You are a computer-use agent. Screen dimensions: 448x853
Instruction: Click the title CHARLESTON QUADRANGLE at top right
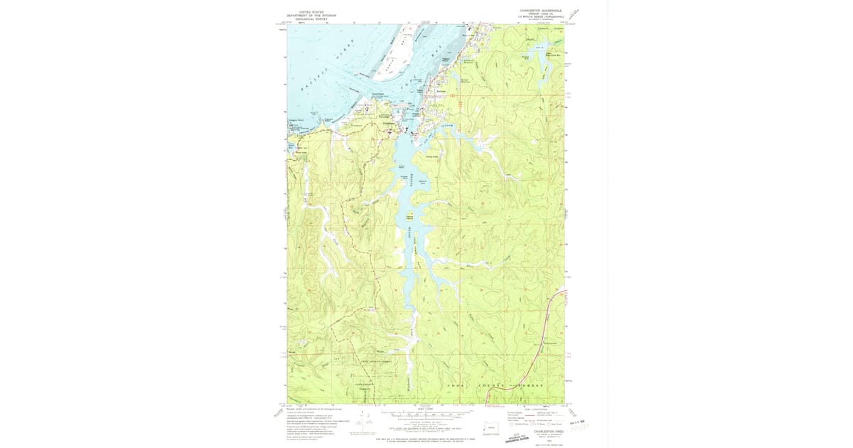(541, 11)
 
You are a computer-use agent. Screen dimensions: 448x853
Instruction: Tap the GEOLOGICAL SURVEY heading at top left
(311, 19)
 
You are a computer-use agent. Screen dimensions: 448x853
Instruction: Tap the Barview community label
(441, 91)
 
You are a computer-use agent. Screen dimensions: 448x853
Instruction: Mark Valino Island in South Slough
(409, 216)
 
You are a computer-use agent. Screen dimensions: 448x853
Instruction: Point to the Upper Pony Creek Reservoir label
(548, 54)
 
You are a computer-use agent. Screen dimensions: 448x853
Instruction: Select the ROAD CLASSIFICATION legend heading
(535, 409)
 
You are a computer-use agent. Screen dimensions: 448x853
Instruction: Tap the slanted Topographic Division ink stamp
(517, 439)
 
